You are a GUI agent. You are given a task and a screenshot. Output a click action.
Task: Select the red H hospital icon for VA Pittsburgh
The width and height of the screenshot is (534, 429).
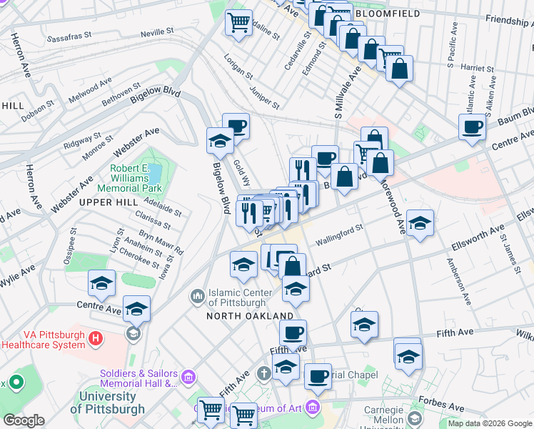(96, 337)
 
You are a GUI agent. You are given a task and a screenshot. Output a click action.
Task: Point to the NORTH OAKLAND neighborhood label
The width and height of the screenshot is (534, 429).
(250, 315)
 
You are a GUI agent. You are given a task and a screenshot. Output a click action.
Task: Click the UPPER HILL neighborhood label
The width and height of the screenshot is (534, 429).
(108, 202)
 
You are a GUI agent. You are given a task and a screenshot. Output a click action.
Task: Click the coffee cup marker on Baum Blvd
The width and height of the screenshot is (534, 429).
(472, 128)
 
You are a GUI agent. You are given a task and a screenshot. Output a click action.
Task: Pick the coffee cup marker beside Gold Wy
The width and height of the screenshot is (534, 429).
(236, 127)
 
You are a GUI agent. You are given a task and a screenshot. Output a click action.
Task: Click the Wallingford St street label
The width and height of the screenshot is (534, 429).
(341, 235)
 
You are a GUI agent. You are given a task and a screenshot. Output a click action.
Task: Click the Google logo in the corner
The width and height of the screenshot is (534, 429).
(24, 420)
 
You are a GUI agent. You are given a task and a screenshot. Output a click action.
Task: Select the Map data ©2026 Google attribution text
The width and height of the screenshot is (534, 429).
(490, 423)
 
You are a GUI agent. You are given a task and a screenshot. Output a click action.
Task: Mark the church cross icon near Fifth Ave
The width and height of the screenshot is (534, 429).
(263, 373)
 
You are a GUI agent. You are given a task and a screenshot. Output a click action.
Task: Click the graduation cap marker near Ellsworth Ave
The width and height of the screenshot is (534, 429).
(420, 223)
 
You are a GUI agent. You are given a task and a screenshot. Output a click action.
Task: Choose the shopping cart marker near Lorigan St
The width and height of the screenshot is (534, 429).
(239, 22)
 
